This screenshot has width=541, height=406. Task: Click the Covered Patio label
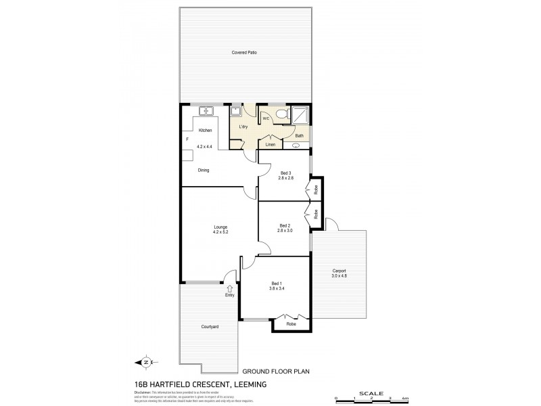(x=245, y=52)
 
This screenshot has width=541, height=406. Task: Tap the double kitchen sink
(x=206, y=111)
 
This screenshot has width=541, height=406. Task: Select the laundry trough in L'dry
(x=236, y=112)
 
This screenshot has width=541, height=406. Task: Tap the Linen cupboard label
(x=270, y=145)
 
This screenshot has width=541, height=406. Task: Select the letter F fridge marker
(x=187, y=139)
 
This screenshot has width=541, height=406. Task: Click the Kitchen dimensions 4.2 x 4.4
(x=204, y=147)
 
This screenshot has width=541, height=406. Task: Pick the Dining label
(x=204, y=171)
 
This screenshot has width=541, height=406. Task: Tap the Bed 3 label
(x=285, y=173)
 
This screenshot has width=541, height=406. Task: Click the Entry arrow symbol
(x=230, y=288)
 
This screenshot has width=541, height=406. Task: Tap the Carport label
(x=338, y=270)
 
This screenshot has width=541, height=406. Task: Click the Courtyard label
(x=209, y=327)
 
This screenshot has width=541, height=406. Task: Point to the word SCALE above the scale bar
(x=372, y=392)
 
